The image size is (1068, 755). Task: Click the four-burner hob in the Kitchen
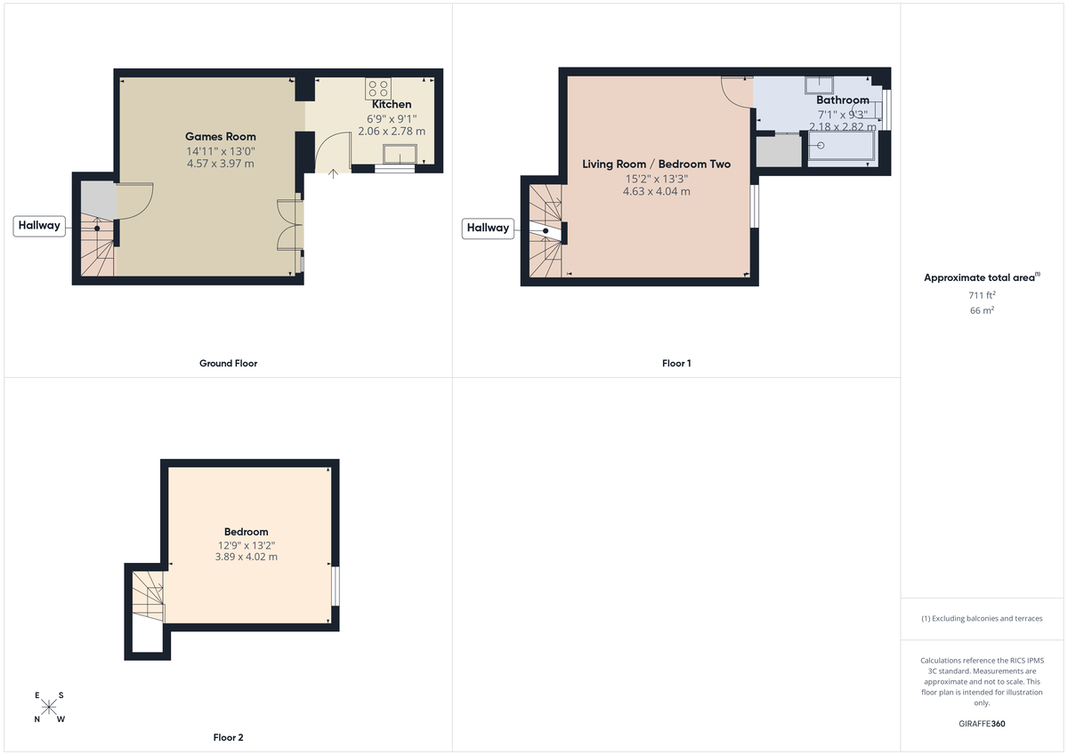[377, 88]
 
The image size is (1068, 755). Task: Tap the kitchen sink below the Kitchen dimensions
[400, 154]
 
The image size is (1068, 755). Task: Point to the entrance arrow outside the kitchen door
[333, 174]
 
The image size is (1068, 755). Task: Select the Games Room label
[220, 136]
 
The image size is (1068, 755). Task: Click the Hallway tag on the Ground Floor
[39, 225]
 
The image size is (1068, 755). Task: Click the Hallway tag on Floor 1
[488, 228]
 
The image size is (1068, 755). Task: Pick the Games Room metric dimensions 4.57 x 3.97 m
[220, 164]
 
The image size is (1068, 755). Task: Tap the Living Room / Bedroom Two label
[656, 164]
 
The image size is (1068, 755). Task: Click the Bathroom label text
[842, 100]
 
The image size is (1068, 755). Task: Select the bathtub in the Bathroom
[841, 149]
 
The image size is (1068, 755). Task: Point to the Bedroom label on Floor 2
[246, 532]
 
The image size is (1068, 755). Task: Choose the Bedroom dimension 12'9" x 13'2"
[246, 545]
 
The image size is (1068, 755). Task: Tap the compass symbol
[49, 707]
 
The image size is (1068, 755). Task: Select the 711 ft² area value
[982, 294]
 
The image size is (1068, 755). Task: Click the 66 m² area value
[982, 310]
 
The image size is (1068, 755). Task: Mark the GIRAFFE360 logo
[982, 723]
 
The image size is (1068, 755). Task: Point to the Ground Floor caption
[228, 363]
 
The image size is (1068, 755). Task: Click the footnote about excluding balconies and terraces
[982, 618]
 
